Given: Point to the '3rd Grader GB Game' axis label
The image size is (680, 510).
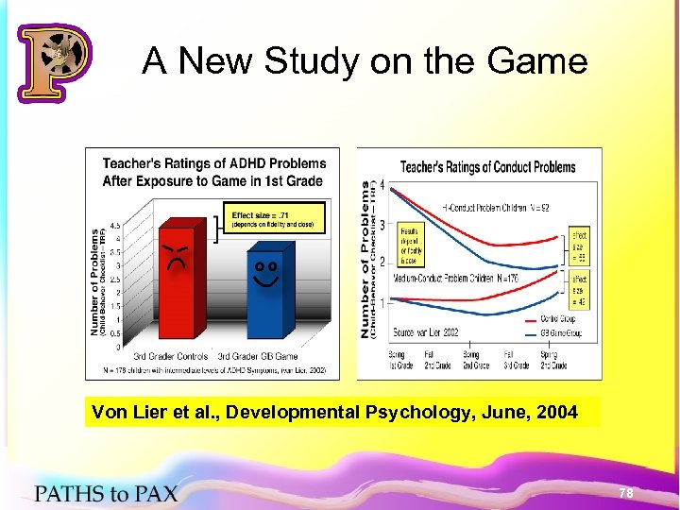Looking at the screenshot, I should [x=258, y=356].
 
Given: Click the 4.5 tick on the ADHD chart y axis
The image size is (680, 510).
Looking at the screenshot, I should [x=114, y=226].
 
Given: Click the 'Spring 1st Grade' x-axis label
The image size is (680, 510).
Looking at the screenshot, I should [x=399, y=360].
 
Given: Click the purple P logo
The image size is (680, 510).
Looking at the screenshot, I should [x=54, y=61].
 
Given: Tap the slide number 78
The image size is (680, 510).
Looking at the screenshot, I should [x=625, y=493].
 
